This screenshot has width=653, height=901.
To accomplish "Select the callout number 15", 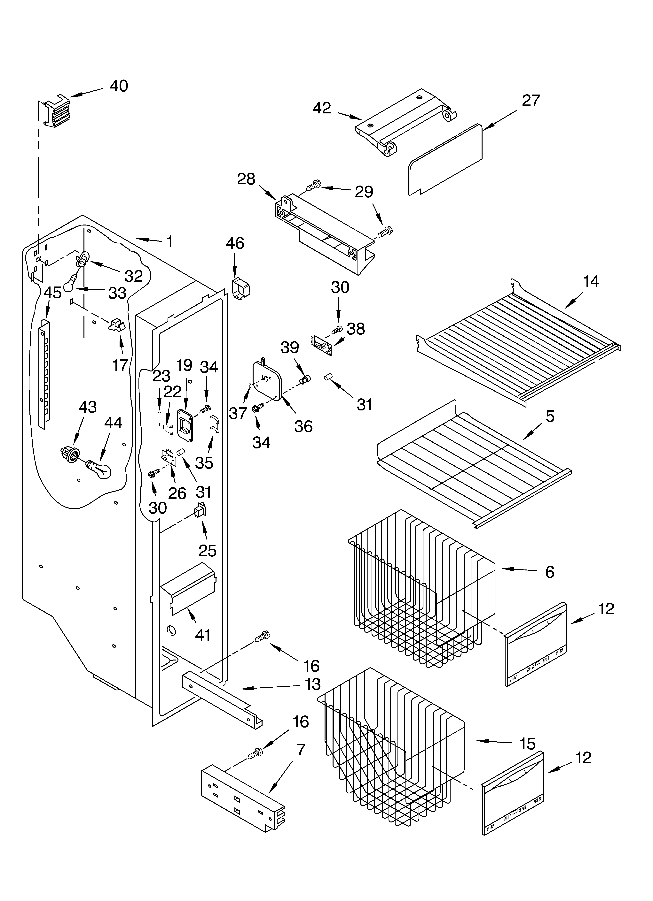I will point(527,744).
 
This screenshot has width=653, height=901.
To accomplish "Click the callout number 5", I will point(550,416).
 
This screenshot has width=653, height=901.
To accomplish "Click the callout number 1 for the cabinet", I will point(169,241).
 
